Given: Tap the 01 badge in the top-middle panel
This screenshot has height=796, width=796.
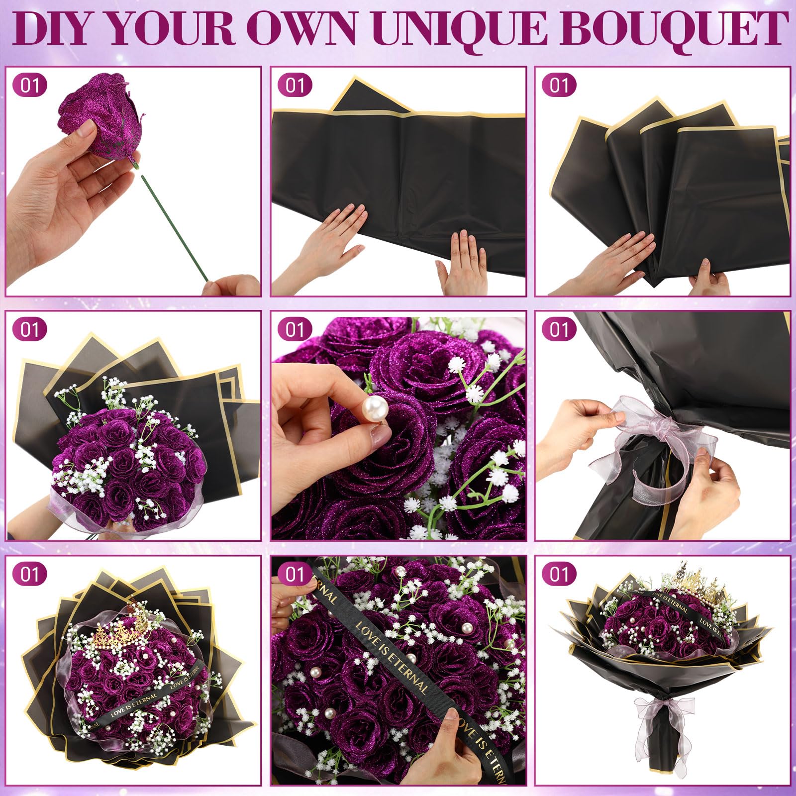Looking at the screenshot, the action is click(x=295, y=85).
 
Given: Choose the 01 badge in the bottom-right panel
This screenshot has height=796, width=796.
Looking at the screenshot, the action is click(x=559, y=574).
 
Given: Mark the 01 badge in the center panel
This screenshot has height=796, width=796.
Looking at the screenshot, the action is click(x=295, y=329).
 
